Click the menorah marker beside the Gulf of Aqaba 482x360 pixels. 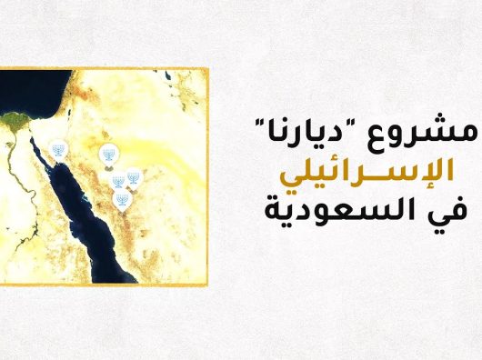click(58, 150)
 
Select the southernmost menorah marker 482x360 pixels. click(123, 201)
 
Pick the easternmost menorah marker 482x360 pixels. click(134, 179)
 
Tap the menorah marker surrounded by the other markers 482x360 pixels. click(117, 181)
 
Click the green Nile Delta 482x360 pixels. click(15, 120)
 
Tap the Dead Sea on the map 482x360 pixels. click(69, 112)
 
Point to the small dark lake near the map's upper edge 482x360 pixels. click(168, 75)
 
